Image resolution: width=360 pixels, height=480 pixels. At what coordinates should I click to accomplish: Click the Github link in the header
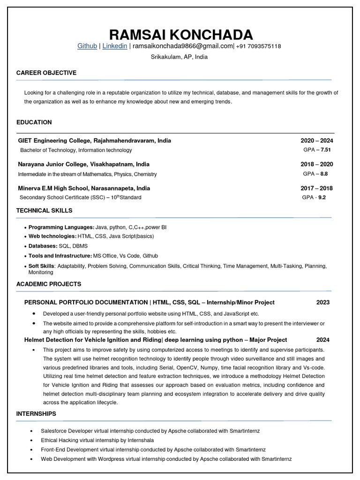(x=87, y=46)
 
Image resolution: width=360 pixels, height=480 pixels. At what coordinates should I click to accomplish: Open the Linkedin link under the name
(x=115, y=46)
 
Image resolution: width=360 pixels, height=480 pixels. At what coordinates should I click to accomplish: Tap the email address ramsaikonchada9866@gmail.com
(x=182, y=46)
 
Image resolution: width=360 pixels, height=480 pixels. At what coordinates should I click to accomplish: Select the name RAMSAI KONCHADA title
(x=180, y=34)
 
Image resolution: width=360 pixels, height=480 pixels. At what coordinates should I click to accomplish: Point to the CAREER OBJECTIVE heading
(x=46, y=73)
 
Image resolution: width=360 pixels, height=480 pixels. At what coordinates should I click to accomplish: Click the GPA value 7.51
(x=325, y=150)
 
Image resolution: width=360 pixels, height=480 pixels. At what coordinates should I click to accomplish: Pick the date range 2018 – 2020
(x=317, y=165)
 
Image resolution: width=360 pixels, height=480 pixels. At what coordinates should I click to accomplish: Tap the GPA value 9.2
(x=322, y=198)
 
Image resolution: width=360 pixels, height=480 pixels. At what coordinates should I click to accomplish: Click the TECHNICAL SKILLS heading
(x=45, y=210)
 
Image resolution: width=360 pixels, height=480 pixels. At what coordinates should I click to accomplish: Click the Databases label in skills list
(x=43, y=246)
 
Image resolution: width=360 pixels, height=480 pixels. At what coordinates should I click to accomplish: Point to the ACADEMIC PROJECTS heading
(x=49, y=284)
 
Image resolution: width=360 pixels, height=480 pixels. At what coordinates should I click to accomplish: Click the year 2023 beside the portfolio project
(x=323, y=302)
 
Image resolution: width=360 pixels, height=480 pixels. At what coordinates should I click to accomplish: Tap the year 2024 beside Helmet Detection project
(x=323, y=340)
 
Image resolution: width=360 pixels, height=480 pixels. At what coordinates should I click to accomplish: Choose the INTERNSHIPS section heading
(x=36, y=414)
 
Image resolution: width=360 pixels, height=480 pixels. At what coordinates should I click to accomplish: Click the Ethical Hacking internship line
(x=97, y=441)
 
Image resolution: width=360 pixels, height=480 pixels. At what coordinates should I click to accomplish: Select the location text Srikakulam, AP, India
(x=179, y=57)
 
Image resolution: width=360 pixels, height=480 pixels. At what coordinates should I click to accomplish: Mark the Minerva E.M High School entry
(x=84, y=188)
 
